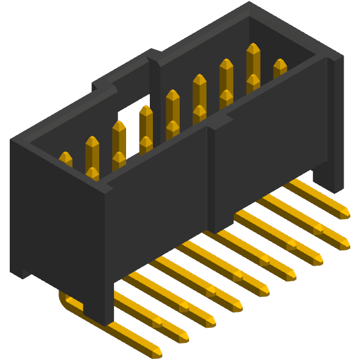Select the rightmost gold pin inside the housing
point(280,66)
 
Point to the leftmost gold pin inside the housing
point(65,160)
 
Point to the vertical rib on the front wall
point(213,177)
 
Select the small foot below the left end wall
point(21,271)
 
